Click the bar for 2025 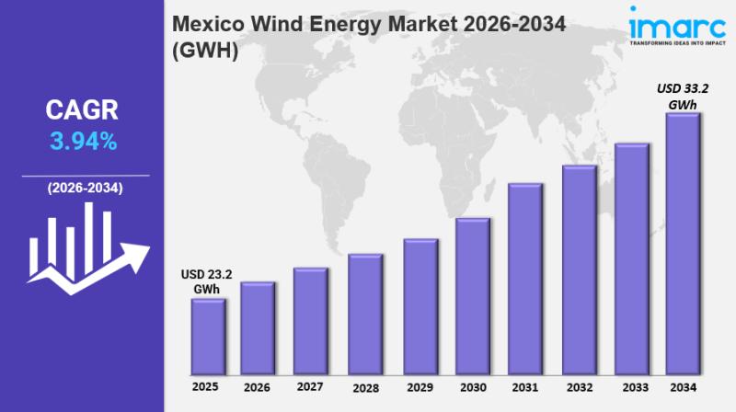(x=207, y=336)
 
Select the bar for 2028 (x=364, y=313)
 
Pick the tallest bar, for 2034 (x=683, y=243)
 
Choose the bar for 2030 (x=472, y=295)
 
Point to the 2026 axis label (x=259, y=387)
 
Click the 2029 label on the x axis (x=420, y=387)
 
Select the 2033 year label (x=630, y=387)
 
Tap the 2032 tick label (x=578, y=387)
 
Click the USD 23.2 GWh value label (x=207, y=280)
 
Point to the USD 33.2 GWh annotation (x=682, y=97)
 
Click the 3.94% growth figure (x=82, y=141)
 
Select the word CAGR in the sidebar (x=82, y=111)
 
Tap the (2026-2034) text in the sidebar (x=84, y=188)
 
